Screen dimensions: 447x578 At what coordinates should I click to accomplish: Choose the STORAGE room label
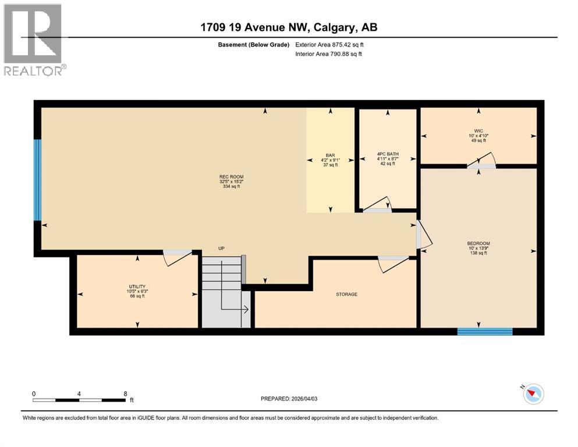click(x=346, y=294)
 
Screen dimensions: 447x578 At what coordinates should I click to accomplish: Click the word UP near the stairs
click(x=221, y=249)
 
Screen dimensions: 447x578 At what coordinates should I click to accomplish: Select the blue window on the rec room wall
click(x=38, y=180)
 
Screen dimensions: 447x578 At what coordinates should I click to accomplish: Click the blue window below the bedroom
click(x=484, y=332)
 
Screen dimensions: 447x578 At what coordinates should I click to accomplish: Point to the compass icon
click(x=533, y=394)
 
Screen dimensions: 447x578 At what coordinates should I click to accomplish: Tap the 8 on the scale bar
click(x=125, y=393)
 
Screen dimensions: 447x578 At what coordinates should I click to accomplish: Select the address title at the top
click(x=289, y=27)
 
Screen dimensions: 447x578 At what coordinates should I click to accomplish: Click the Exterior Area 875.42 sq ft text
click(x=330, y=44)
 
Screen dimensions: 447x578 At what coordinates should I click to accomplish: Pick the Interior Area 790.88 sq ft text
click(x=329, y=54)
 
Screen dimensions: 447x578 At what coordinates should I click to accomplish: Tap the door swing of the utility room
click(x=177, y=257)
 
